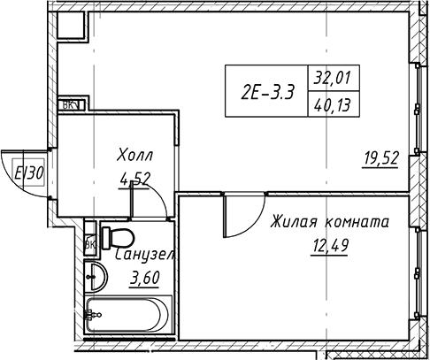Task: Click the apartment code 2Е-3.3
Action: pyautogui.click(x=268, y=90)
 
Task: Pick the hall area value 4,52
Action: pyautogui.click(x=134, y=177)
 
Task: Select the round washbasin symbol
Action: pyautogui.click(x=96, y=276)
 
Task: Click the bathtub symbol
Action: pyautogui.click(x=127, y=314)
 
